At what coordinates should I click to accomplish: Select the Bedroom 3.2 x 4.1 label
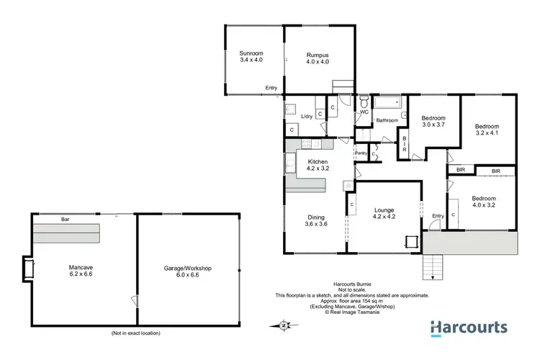(x=488, y=129)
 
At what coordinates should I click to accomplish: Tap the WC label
(x=364, y=112)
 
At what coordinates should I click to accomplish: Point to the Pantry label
(x=361, y=153)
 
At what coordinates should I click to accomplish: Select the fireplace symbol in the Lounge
(x=412, y=242)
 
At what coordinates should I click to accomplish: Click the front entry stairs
(x=431, y=268)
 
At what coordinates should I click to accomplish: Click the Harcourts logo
(x=469, y=328)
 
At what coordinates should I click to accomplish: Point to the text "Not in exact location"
(x=135, y=333)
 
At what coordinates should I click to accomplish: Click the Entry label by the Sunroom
(x=271, y=88)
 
